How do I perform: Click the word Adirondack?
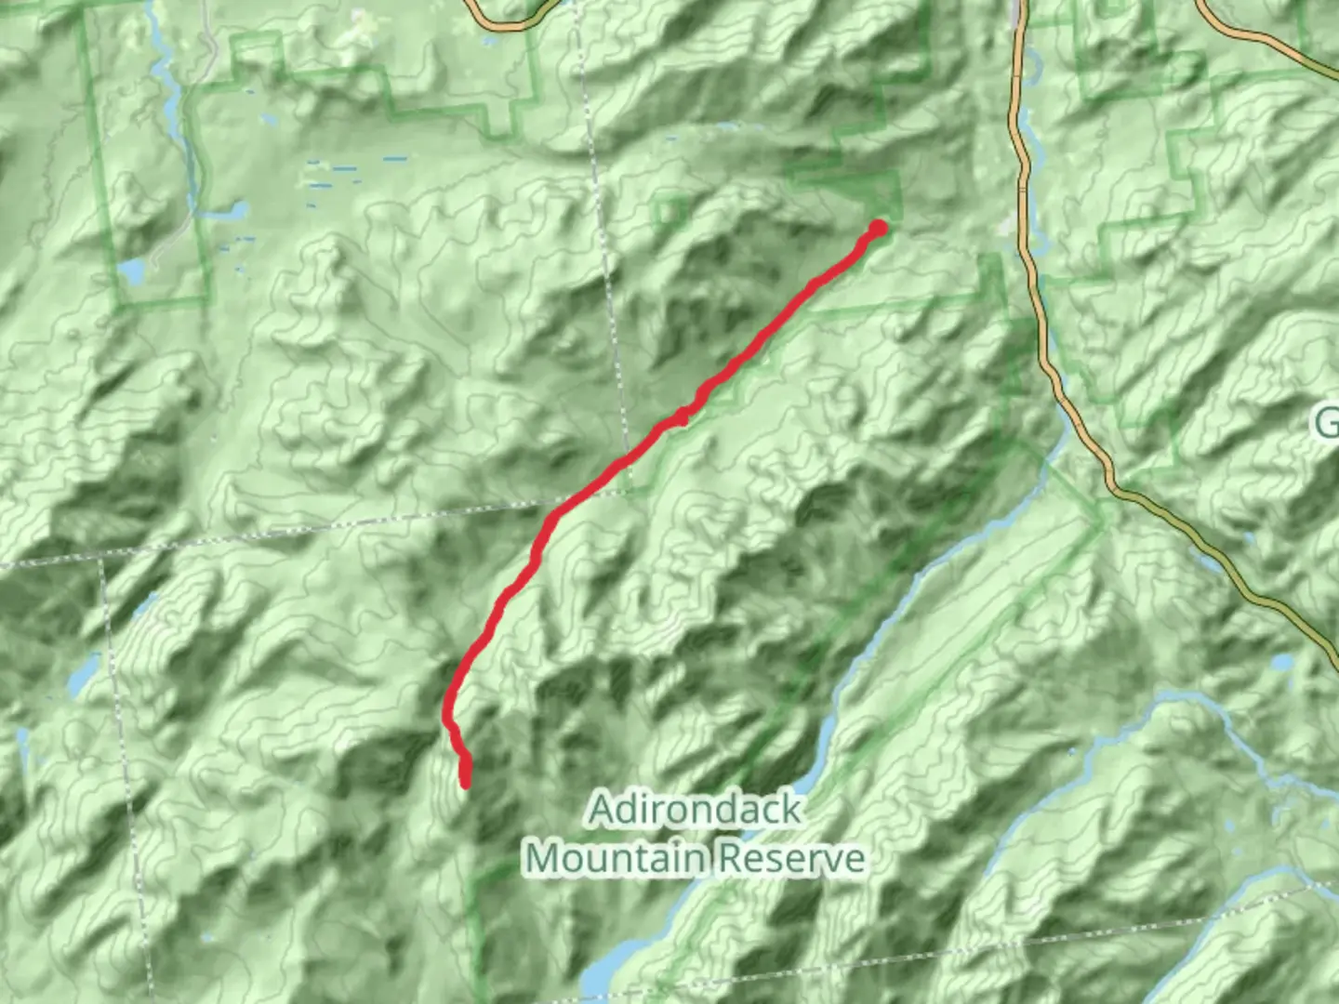695,810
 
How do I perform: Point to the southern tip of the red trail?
465,784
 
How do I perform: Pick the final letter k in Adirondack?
789,810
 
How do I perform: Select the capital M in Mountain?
543,858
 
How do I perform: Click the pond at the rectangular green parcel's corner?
131,272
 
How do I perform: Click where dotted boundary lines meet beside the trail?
625,490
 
